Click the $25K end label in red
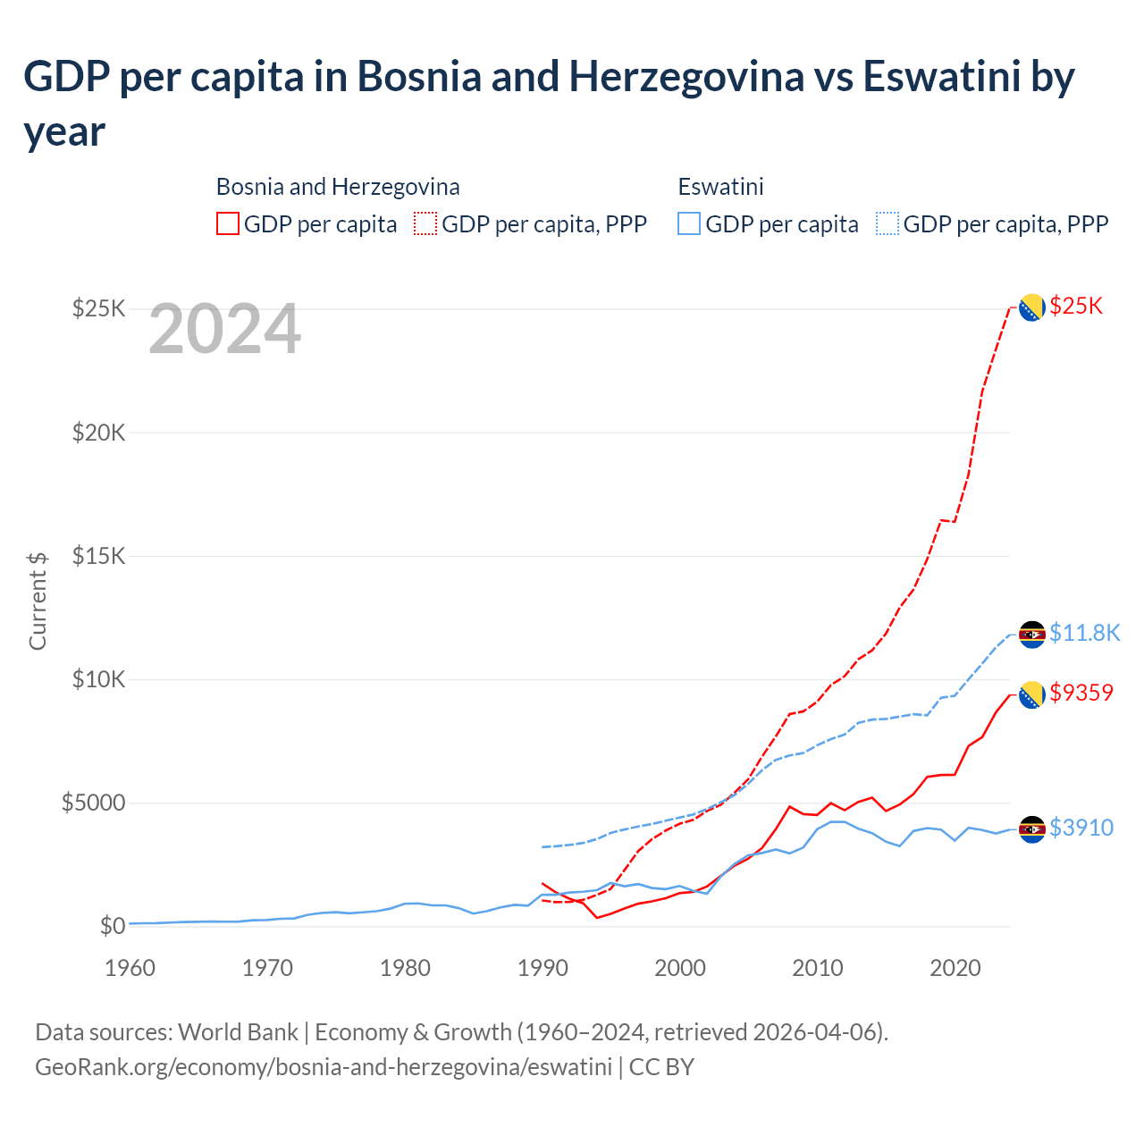point(1076,307)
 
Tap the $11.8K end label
point(1084,634)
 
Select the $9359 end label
point(1081,693)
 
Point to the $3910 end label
point(1081,829)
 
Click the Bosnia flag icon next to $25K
point(1032,307)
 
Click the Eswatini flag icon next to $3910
point(1032,829)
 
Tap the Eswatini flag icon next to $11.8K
point(1032,634)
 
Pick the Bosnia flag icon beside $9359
point(1032,694)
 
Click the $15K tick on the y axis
point(99,556)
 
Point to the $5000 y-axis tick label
point(93,803)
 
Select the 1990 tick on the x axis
point(543,968)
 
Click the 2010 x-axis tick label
point(817,968)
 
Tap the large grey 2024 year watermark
point(224,330)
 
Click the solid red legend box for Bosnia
point(228,223)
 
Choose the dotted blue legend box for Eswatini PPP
point(887,223)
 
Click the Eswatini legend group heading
point(720,187)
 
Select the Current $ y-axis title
point(38,601)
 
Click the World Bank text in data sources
point(238,1032)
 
